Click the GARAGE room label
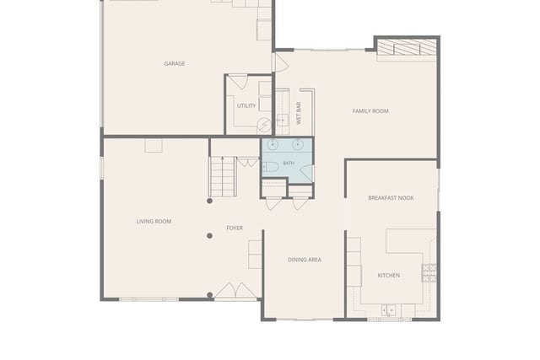tap(175, 64)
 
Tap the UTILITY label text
tap(246, 105)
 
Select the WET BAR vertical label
tap(299, 113)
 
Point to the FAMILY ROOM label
tap(370, 110)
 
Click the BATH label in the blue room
tap(289, 163)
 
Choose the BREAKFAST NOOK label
tap(391, 198)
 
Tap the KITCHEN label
tap(389, 276)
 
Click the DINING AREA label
tap(305, 260)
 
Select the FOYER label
tap(235, 228)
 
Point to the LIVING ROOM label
tap(154, 221)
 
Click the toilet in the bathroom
tap(270, 167)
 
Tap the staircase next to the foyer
tap(223, 176)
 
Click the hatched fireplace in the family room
tap(407, 47)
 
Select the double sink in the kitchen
tap(388, 310)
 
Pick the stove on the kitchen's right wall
tap(429, 273)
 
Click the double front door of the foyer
tap(235, 291)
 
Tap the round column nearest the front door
tap(210, 295)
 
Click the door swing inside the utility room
tap(238, 82)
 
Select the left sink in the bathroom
tap(273, 144)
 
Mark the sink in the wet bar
tap(283, 120)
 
